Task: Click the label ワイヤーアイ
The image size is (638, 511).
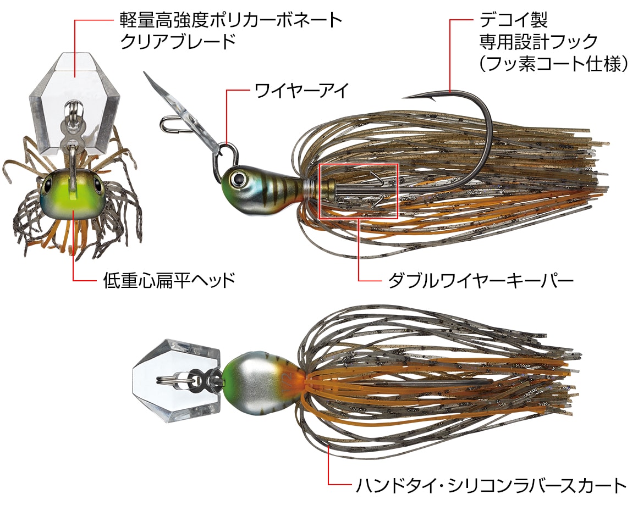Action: tap(301, 90)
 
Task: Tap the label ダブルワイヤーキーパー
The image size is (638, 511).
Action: tap(481, 281)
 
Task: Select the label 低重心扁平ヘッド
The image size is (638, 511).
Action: tap(169, 280)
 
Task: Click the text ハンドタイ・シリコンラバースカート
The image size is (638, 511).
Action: tap(491, 485)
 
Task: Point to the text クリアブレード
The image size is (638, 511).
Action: tap(178, 41)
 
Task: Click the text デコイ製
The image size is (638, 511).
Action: tap(514, 19)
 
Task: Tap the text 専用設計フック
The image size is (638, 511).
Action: tap(538, 41)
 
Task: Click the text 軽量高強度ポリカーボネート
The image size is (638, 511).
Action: tap(230, 20)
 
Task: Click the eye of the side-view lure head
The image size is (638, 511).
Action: tap(237, 178)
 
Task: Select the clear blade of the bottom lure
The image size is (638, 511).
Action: tap(178, 381)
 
